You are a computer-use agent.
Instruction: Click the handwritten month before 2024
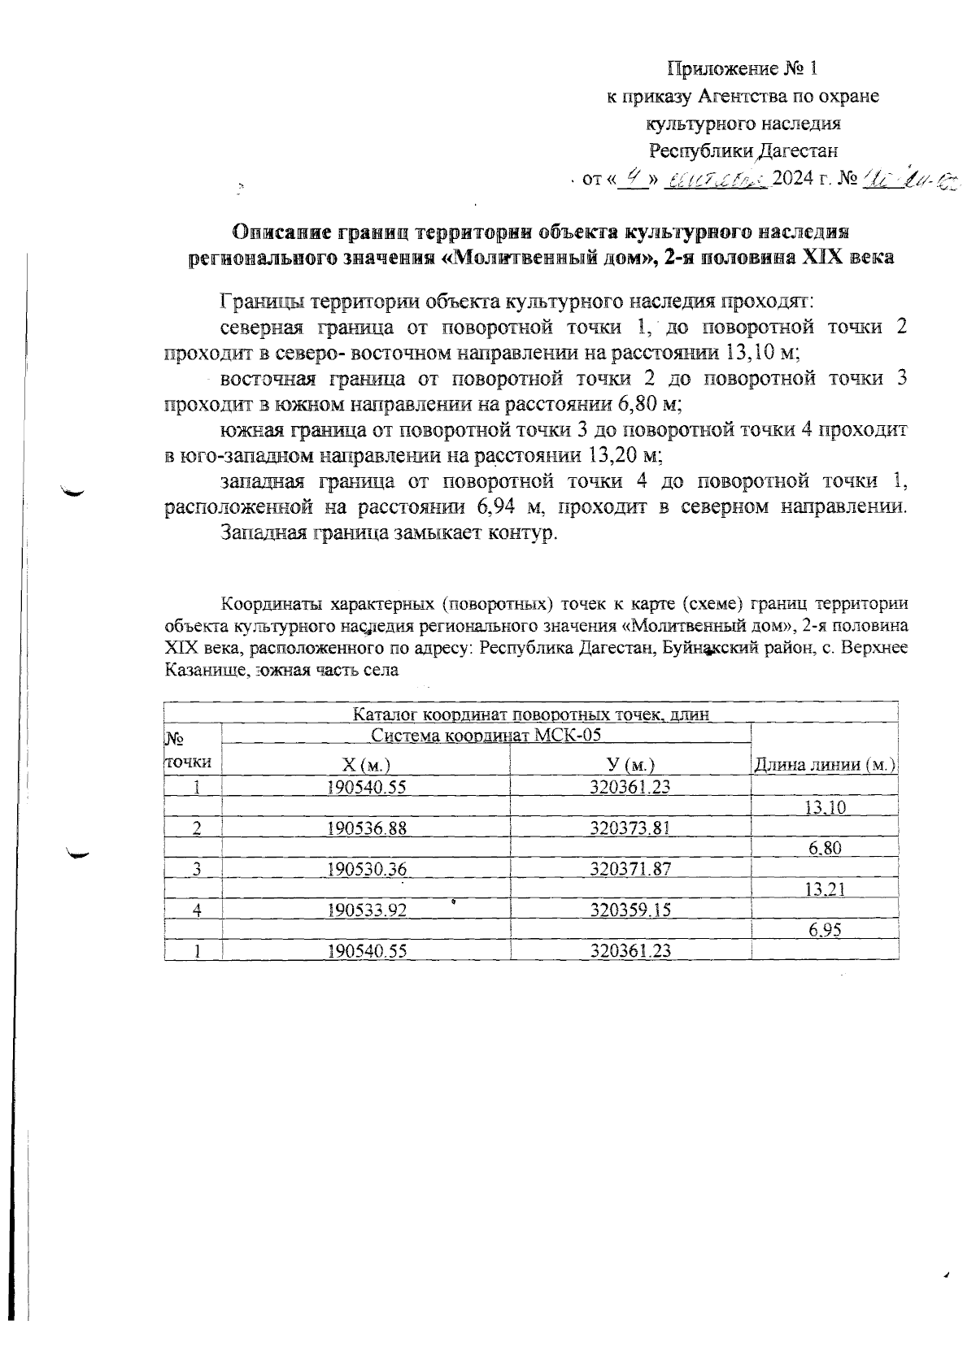coord(717,179)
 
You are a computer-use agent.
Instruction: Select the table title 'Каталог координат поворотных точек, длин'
coord(531,715)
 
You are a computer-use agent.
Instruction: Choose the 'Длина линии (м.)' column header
coord(825,764)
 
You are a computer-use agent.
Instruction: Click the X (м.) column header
coord(365,765)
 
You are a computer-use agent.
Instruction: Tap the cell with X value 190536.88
coord(366,828)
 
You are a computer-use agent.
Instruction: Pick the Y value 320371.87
coord(630,869)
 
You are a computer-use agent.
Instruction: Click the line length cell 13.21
coord(825,890)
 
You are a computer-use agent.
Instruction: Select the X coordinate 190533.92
coord(366,910)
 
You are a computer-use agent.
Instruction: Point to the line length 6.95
coord(825,932)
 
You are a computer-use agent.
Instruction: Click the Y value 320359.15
coord(630,910)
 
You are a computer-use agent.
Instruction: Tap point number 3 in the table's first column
coord(196,869)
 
